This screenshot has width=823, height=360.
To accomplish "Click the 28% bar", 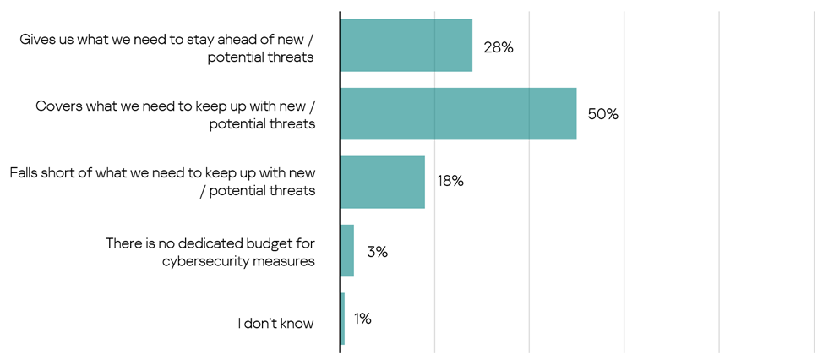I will pyautogui.click(x=406, y=45).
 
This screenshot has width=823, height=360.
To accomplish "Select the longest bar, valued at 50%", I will pyautogui.click(x=458, y=113).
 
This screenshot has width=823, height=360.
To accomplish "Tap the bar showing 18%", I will pyautogui.click(x=382, y=182).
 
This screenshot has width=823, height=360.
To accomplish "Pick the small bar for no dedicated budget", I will pyautogui.click(x=346, y=250).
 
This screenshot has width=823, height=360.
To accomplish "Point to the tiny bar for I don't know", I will pyautogui.click(x=342, y=319).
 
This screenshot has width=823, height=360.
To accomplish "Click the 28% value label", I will pyautogui.click(x=499, y=47).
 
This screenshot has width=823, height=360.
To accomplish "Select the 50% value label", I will pyautogui.click(x=603, y=114).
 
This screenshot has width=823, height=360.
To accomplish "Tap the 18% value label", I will pyautogui.click(x=450, y=181).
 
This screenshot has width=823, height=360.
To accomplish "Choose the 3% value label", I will pyautogui.click(x=377, y=251).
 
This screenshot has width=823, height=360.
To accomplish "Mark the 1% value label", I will pyautogui.click(x=363, y=319).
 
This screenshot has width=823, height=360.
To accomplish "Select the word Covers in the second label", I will pyautogui.click(x=58, y=107).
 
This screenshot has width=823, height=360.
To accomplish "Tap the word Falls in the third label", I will pyautogui.click(x=26, y=173).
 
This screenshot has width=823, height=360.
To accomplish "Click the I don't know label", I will pyautogui.click(x=275, y=323).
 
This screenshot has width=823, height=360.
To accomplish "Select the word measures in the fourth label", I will pyautogui.click(x=286, y=261).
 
